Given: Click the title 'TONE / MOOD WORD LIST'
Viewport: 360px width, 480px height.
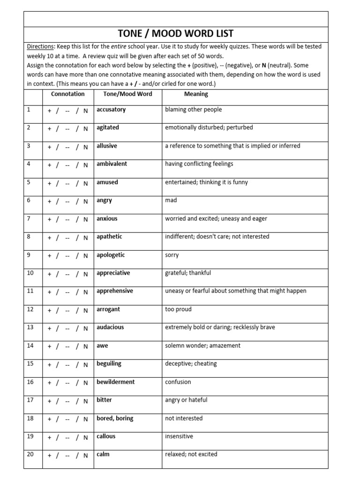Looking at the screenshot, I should point(176,34).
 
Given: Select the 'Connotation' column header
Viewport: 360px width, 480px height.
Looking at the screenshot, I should point(67,94).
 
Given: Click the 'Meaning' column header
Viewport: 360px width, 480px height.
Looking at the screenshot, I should point(196,94).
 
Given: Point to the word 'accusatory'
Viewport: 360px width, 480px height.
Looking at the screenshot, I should point(111,110).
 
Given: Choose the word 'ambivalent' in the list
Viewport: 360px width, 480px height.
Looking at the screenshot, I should point(112,164).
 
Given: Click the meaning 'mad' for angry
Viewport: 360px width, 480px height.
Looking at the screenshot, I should point(171,200).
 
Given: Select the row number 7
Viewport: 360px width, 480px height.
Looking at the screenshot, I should point(29,218).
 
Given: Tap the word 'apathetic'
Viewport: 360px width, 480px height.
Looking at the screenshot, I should point(109,237).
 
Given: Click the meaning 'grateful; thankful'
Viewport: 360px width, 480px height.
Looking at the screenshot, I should point(188,273).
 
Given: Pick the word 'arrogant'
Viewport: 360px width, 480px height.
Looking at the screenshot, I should point(108,309).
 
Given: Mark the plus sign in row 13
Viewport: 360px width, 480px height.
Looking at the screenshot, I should point(49,329).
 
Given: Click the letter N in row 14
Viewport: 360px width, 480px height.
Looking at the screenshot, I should point(86,347).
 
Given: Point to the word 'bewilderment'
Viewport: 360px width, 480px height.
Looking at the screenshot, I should point(115,382).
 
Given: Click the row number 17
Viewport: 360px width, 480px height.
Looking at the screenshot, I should point(30,400).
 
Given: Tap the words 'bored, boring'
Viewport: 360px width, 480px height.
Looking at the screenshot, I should point(115,418).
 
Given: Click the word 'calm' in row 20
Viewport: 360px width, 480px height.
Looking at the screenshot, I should point(103,454).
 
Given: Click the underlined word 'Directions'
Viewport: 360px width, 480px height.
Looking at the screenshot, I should point(41,47).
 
